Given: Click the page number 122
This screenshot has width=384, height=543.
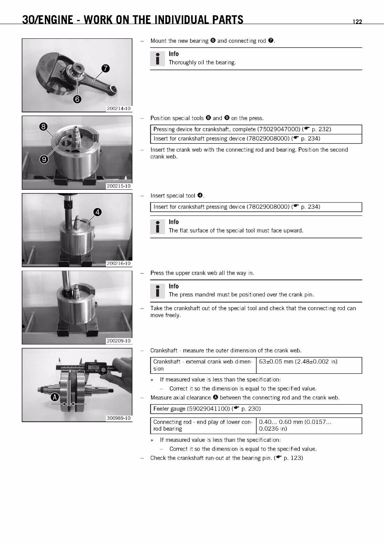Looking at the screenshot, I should coord(357,22).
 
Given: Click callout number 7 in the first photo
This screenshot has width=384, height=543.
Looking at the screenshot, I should coord(106,69).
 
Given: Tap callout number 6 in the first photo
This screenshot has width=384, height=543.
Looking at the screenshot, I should coord(77,99).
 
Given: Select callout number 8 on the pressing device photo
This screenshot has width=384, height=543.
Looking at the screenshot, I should coord(43,127).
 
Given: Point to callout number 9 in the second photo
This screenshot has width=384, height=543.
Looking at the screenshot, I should coord(43,159).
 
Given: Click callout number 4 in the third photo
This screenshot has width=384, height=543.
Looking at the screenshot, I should coord(97,212).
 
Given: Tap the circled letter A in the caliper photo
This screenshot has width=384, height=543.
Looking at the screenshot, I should coord(55,397).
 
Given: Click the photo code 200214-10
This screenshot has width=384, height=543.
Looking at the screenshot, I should coord(118,109).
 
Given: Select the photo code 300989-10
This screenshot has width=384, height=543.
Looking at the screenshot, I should coord(118,418).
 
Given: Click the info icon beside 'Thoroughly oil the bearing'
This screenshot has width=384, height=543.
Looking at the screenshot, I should coord(157,59).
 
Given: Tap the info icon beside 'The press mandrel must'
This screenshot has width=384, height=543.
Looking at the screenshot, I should coord(157,291).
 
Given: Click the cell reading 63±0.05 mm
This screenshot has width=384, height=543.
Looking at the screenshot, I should coord(298,362).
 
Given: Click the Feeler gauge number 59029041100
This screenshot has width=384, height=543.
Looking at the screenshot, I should coord(208,409).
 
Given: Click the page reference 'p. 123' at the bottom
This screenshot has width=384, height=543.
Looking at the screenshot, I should coord(292,458).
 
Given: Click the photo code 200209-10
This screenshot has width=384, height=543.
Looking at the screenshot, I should coord(118,341).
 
